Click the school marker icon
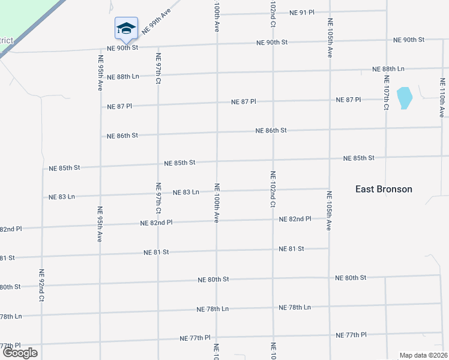coord(126,28)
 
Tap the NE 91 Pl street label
coord(301,12)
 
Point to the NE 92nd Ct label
coord(42,284)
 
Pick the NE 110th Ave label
coord(441,99)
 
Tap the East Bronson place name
coord(384,189)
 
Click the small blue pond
coord(405,98)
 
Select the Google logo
coord(20,353)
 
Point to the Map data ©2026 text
coord(423,355)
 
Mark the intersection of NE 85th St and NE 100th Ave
coord(217,161)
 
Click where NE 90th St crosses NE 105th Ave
coord(330,41)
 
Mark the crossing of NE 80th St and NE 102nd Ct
coord(273,278)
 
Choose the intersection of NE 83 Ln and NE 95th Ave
coord(100,194)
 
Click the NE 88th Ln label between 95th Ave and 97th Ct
coord(123,77)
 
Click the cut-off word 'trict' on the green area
coord(6,40)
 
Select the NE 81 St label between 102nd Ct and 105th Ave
coord(291,248)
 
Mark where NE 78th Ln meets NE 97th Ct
coord(158,312)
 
